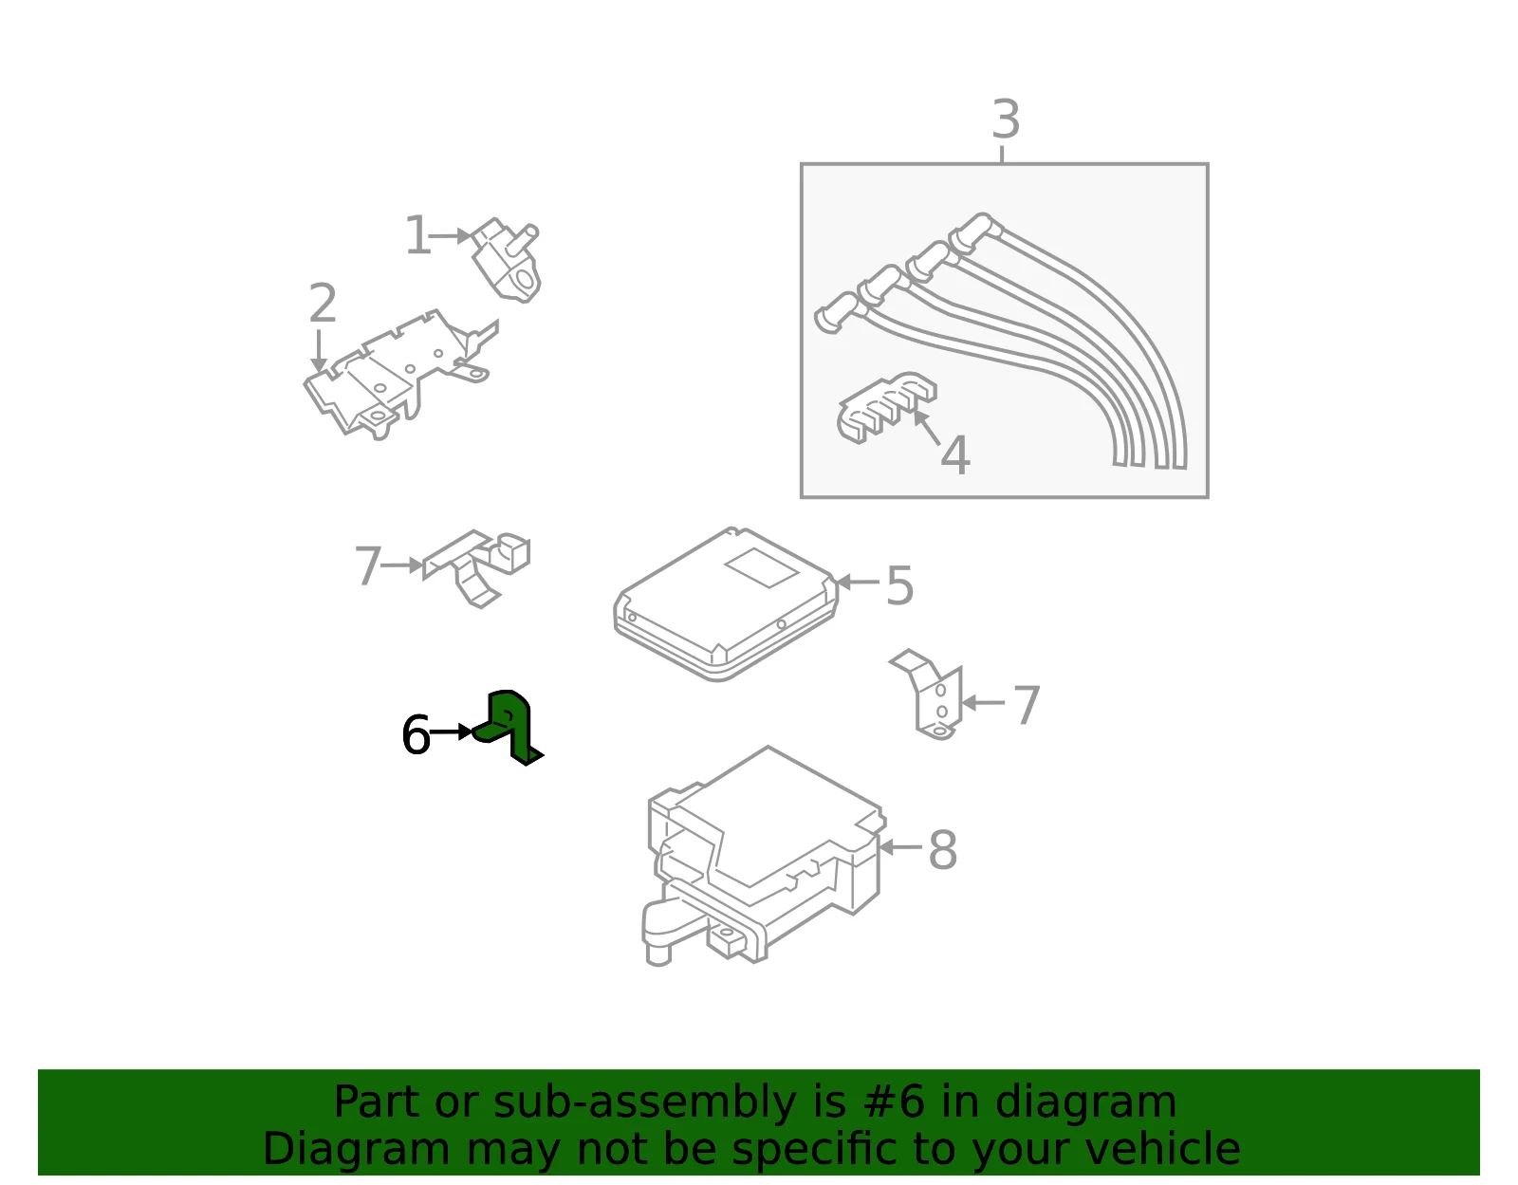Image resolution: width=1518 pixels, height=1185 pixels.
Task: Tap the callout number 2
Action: (x=323, y=303)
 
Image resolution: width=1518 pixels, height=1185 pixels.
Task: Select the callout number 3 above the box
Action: (x=1006, y=120)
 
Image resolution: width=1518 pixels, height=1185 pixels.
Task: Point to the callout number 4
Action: (x=955, y=454)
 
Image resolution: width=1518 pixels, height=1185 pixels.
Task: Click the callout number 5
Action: (x=899, y=585)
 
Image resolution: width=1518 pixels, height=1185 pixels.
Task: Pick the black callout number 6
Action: (x=416, y=734)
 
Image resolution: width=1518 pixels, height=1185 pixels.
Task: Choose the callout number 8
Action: (x=942, y=850)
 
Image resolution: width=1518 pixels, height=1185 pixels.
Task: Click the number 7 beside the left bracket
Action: (x=368, y=565)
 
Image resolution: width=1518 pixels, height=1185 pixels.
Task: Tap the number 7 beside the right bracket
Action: (x=1027, y=705)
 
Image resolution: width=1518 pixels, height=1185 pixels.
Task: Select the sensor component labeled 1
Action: (x=507, y=260)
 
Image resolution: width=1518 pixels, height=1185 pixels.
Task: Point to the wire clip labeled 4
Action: (x=886, y=407)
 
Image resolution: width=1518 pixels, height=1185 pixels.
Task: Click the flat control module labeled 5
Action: (x=726, y=604)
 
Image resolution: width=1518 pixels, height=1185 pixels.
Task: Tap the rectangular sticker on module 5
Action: (x=762, y=567)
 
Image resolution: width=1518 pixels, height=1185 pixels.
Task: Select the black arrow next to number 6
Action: (x=452, y=731)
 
